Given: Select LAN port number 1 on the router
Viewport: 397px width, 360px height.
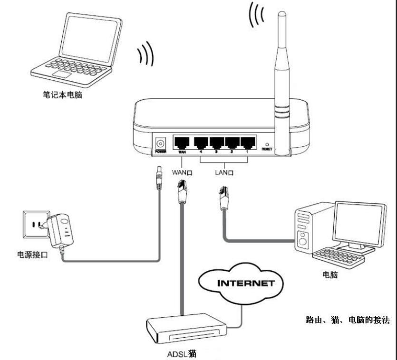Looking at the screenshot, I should tap(248, 142).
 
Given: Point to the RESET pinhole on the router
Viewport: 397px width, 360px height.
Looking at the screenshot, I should tap(268, 143).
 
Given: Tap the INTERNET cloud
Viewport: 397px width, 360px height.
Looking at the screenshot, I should tap(245, 284).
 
